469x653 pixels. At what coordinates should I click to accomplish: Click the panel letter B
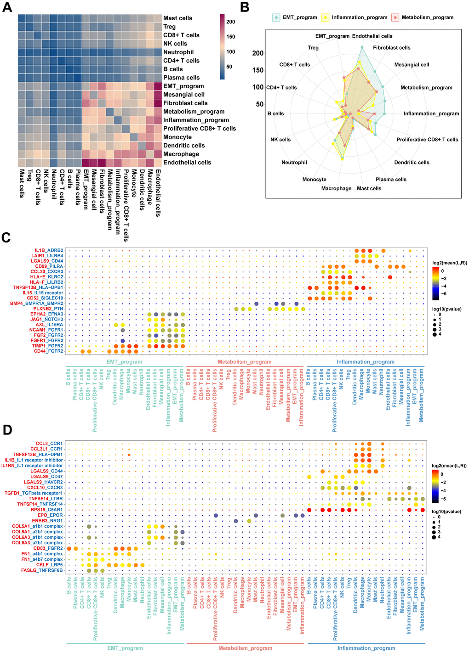point(245,7)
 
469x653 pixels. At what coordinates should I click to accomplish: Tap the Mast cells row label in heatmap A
point(177,18)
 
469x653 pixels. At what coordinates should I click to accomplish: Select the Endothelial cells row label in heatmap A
point(187,163)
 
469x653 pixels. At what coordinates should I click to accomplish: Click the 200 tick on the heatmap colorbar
point(231,22)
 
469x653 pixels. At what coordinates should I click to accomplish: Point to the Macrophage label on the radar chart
point(336,188)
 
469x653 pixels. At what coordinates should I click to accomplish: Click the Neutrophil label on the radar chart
point(294,163)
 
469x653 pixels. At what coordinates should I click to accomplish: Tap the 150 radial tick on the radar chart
point(258,70)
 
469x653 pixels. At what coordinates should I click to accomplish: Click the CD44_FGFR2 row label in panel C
point(48,351)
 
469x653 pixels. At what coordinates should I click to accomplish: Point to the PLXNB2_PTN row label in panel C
point(48,309)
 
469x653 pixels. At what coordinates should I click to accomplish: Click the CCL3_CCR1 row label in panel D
point(49,444)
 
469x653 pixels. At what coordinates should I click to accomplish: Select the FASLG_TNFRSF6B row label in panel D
point(42,570)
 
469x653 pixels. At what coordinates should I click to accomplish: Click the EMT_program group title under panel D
point(125,648)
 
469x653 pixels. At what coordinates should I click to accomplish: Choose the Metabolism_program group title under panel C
point(245,362)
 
